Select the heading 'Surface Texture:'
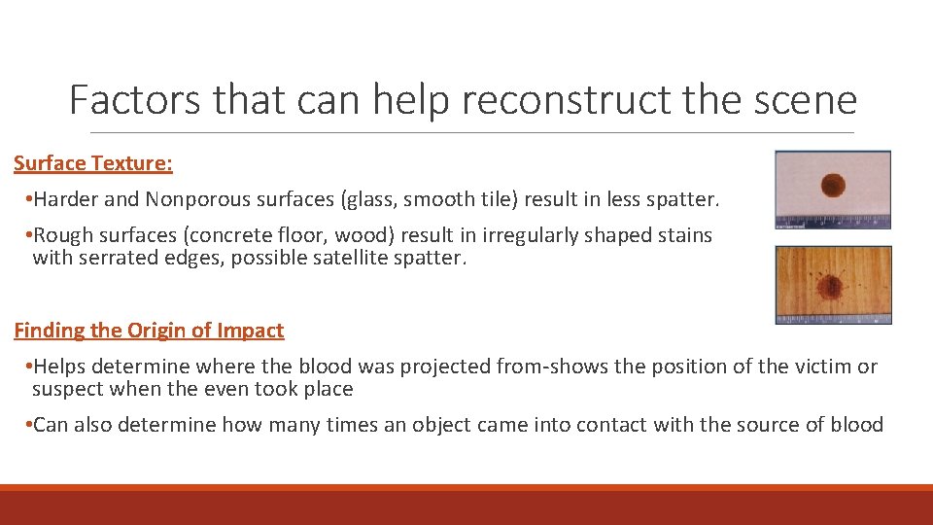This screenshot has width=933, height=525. pyautogui.click(x=93, y=163)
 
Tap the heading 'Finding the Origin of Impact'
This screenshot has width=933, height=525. pyautogui.click(x=149, y=331)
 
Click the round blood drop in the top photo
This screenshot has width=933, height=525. pyautogui.click(x=833, y=185)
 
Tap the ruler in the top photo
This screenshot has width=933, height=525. pyautogui.click(x=833, y=220)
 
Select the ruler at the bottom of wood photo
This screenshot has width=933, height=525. pyautogui.click(x=833, y=316)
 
